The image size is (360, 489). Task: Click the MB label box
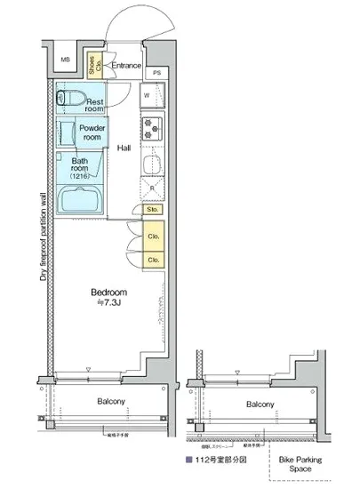[65, 61]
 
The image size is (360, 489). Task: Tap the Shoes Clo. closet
[93, 65]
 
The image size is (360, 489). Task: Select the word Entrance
[127, 65]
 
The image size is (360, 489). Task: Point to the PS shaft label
[157, 73]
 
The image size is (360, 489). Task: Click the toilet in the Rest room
[71, 100]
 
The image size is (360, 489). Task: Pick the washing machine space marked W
[146, 95]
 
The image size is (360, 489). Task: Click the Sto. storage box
[150, 211]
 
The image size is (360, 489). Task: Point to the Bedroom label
[109, 293]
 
